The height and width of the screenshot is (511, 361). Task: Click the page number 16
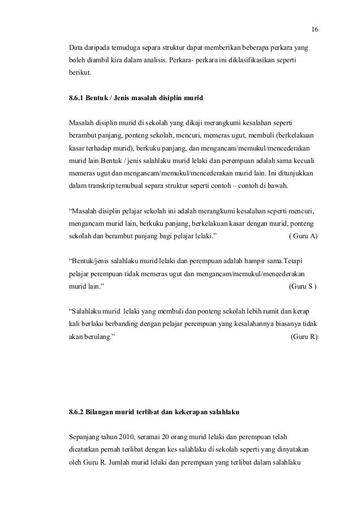pos(315,30)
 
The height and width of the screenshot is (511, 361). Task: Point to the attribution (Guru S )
pos(303,287)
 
